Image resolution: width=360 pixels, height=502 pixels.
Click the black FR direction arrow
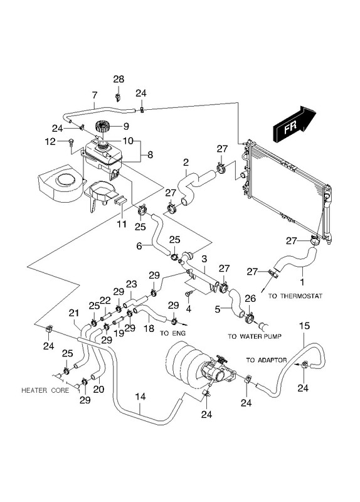pyautogui.click(x=294, y=124)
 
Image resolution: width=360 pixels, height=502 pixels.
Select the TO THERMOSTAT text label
pyautogui.click(x=295, y=296)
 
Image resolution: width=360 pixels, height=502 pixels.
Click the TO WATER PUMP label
pyautogui.click(x=255, y=336)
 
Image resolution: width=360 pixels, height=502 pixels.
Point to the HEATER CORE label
pyautogui.click(x=45, y=390)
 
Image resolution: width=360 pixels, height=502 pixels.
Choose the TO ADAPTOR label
pyautogui.click(x=267, y=360)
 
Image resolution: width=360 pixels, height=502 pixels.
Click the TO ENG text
pyautogui.click(x=173, y=333)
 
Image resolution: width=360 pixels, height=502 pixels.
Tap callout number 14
pyautogui.click(x=140, y=397)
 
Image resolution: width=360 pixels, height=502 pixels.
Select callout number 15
pyautogui.click(x=304, y=326)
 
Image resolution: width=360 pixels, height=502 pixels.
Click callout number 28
pyautogui.click(x=119, y=79)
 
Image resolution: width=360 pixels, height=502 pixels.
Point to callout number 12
pyautogui.click(x=50, y=141)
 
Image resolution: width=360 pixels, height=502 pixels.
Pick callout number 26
pyautogui.click(x=250, y=299)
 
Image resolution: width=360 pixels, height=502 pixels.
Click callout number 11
pyautogui.click(x=122, y=224)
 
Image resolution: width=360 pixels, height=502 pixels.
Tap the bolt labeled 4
pyautogui.click(x=189, y=293)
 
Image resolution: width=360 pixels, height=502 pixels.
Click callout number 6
pyautogui.click(x=139, y=246)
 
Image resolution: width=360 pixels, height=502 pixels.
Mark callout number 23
pyautogui.click(x=131, y=284)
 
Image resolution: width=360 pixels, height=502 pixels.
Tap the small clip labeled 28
pyautogui.click(x=117, y=97)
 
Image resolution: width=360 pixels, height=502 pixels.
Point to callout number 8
pyautogui.click(x=150, y=155)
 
